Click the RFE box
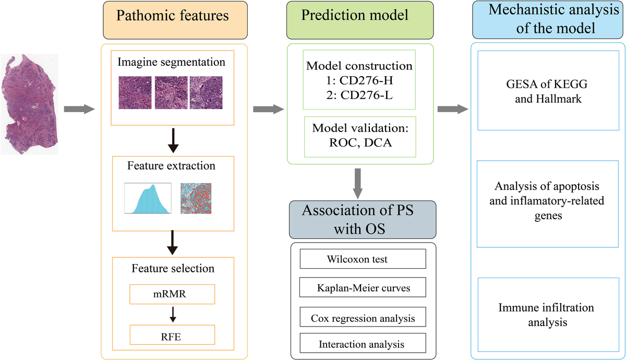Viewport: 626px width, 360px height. click(x=172, y=335)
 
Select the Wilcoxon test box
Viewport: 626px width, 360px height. click(x=363, y=259)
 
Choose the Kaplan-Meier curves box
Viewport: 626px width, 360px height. click(x=363, y=287)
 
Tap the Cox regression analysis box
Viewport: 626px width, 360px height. click(x=363, y=317)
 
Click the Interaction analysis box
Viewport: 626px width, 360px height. click(x=363, y=344)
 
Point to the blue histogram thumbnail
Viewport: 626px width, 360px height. click(x=148, y=198)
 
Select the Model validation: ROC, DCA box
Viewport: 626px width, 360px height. click(x=359, y=136)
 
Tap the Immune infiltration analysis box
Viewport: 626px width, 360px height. click(x=548, y=315)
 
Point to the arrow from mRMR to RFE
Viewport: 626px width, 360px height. click(x=172, y=315)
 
